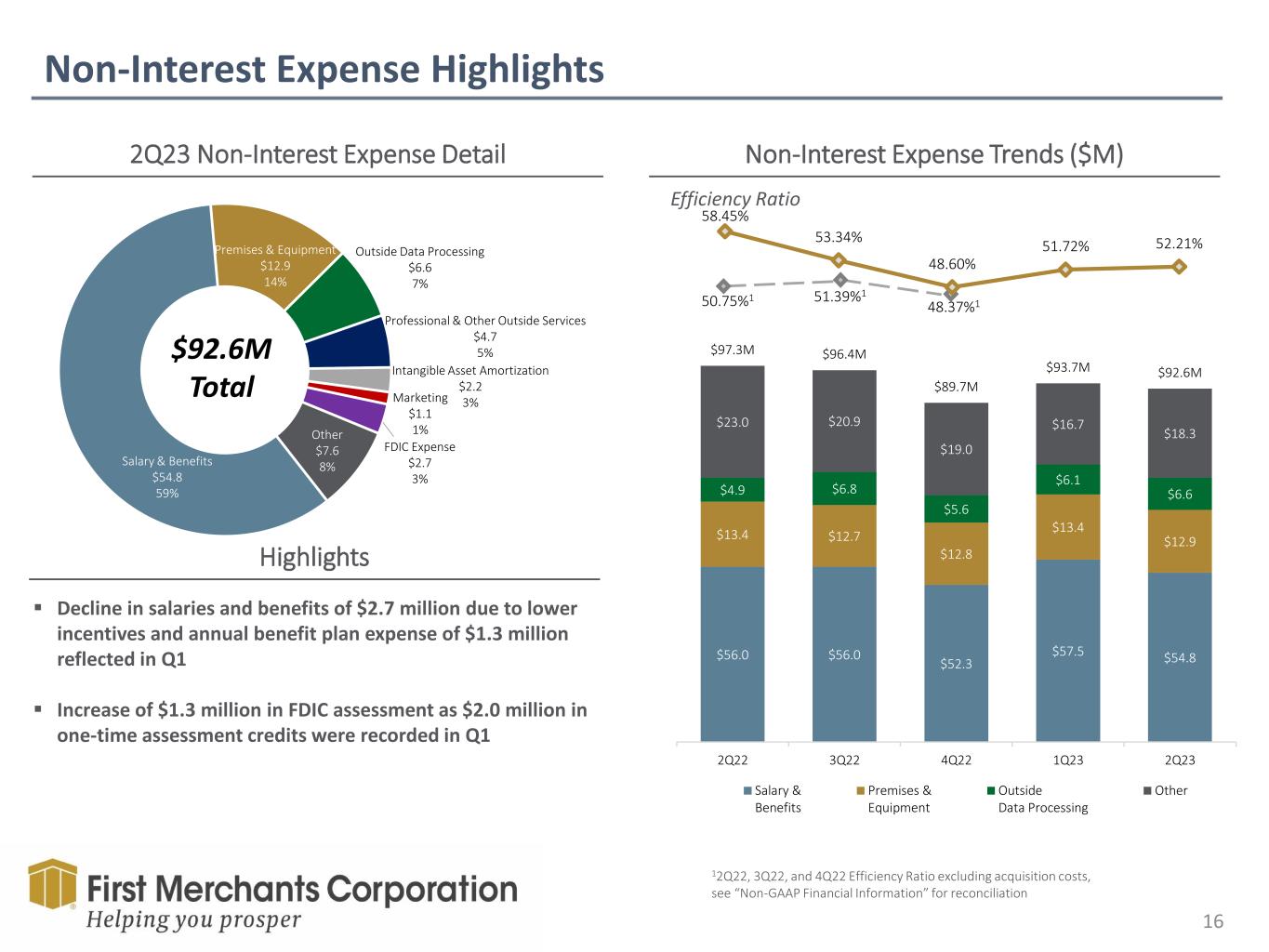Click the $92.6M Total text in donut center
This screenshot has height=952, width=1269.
point(222,367)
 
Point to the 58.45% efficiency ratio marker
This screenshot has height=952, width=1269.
point(725,231)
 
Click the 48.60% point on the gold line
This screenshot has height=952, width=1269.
point(952,286)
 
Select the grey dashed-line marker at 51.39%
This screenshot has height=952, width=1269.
point(839,279)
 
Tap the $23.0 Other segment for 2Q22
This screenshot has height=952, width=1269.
point(733,421)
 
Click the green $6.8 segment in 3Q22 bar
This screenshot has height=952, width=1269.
point(844,488)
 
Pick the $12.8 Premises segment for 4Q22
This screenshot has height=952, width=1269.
point(956,553)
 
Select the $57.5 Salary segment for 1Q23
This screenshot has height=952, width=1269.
point(1067,651)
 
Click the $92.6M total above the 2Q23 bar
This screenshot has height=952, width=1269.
point(1179,373)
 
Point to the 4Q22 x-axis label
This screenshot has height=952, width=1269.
point(956,760)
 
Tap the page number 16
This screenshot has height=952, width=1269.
point(1212,921)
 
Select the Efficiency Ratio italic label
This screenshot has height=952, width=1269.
point(734,199)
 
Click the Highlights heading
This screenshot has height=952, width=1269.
point(314,557)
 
